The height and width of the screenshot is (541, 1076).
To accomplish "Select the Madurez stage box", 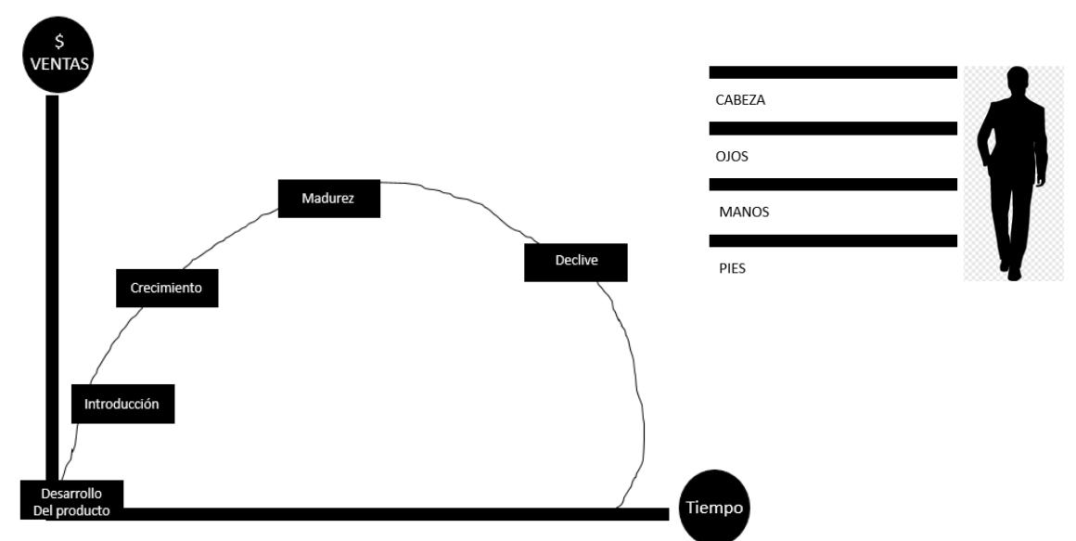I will tap(328, 199).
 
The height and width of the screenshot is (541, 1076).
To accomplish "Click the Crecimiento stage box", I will tap(167, 288).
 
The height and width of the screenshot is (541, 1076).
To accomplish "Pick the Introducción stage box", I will tap(122, 405).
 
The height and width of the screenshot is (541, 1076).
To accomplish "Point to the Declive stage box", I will tap(576, 262).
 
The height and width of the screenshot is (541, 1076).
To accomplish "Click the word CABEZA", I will tap(740, 100).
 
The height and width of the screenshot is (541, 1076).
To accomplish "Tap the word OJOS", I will tap(732, 156).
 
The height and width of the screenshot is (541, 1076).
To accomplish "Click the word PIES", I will tap(732, 268).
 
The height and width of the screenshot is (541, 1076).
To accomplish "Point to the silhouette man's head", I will tap(1017, 78).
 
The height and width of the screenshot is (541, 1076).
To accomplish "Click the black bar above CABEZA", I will tap(832, 72).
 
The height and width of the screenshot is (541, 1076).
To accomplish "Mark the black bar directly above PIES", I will tap(832, 240).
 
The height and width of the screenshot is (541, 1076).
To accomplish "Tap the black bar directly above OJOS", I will tap(832, 128).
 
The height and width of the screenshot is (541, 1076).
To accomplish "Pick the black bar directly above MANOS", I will tap(832, 185).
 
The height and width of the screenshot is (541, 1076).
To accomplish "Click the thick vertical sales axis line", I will tap(52, 278).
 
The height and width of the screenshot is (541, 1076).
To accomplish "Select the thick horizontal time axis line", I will tap(390, 513).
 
